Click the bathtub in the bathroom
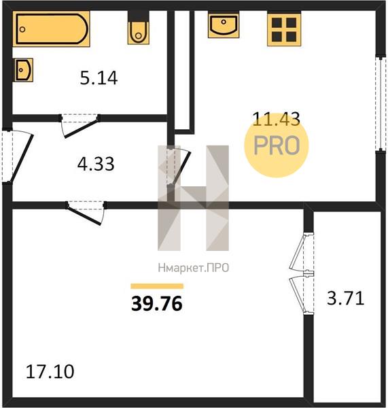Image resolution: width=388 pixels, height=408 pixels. [51, 29]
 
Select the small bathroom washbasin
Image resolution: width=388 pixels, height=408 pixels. [23, 70]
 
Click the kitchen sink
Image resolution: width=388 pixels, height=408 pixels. [224, 25]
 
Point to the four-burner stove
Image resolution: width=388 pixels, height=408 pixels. [284, 30]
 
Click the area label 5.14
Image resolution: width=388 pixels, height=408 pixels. [99, 78]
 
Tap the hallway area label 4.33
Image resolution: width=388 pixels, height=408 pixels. [96, 164]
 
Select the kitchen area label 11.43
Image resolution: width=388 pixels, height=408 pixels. [276, 119]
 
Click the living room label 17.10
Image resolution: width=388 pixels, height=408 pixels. [50, 371]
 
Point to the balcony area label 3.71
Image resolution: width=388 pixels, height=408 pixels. [345, 299]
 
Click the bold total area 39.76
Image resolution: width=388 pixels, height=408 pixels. [157, 304]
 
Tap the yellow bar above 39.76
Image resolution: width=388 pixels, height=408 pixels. [157, 286]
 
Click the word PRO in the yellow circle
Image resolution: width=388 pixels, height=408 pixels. [277, 146]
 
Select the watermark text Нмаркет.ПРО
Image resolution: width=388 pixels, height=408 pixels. [194, 268]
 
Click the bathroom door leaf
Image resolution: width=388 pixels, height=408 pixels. [81, 129]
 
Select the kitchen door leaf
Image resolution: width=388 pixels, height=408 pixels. [181, 167]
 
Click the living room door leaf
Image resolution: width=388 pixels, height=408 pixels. [84, 216]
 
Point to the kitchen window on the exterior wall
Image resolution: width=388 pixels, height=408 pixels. [381, 103]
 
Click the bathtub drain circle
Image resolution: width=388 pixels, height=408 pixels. [22, 29]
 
